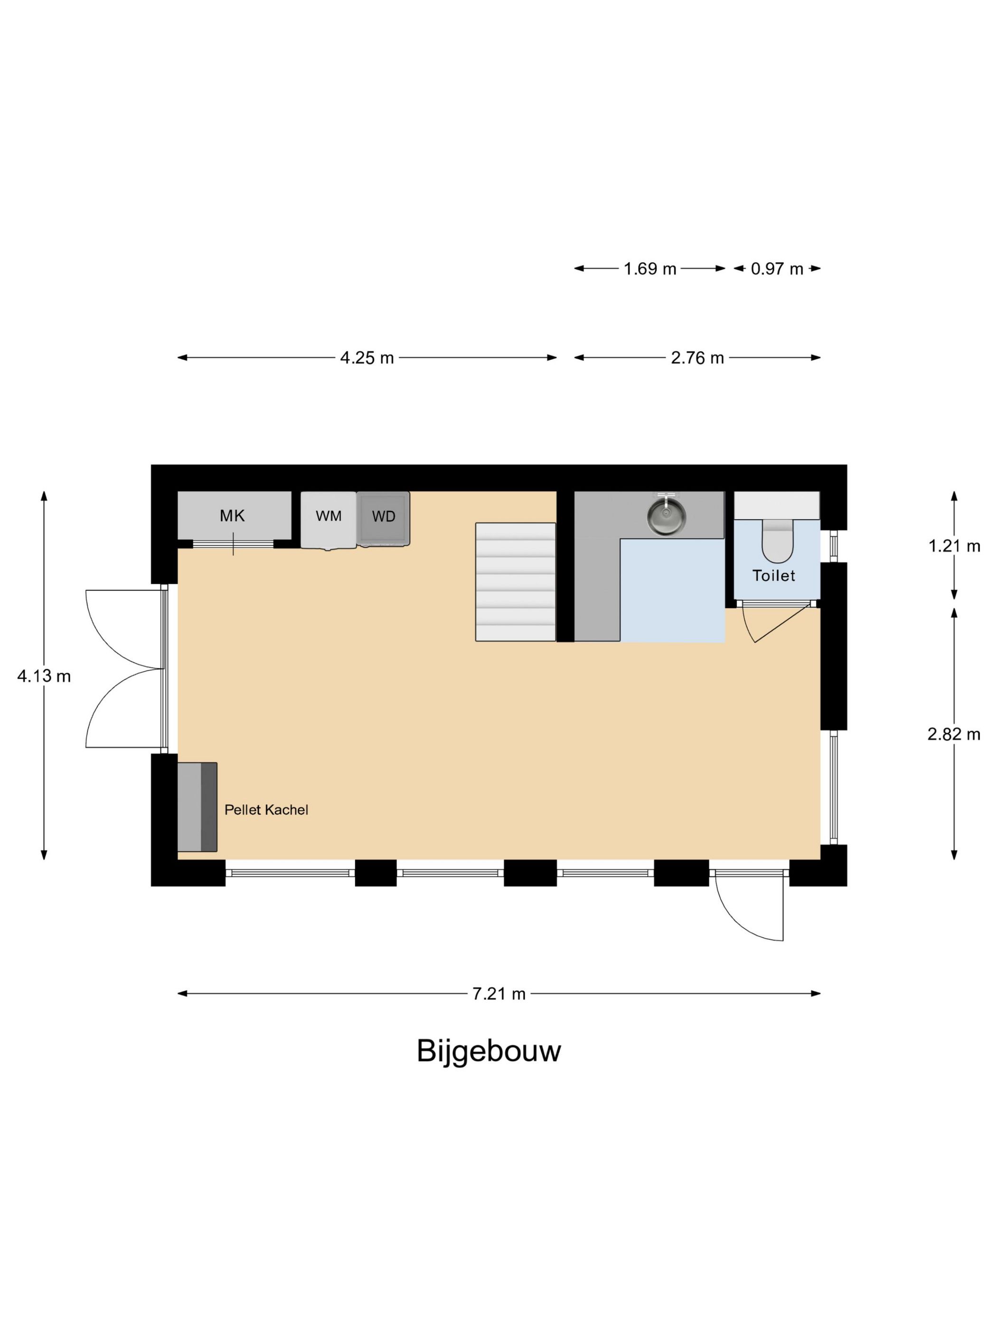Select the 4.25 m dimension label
tap(367, 358)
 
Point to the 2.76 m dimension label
tap(697, 358)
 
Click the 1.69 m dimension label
tap(649, 269)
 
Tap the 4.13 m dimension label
tap(44, 676)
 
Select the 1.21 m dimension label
tap(954, 546)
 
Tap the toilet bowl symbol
tap(778, 541)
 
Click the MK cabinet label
tap(233, 515)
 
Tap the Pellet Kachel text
tap(266, 810)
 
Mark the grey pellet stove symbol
tap(197, 807)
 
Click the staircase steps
tap(516, 581)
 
